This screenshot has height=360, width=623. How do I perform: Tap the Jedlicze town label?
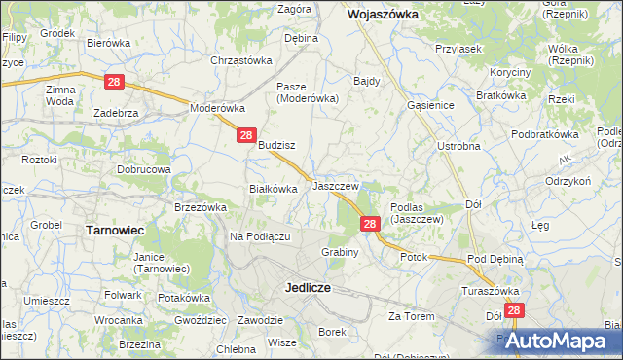[x=310, y=288]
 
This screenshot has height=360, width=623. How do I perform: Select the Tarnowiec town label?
[x=116, y=231]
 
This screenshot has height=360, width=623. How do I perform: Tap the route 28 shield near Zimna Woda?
[x=114, y=83]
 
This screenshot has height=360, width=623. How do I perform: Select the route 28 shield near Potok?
[x=370, y=224]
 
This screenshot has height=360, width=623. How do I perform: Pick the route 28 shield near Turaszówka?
[x=515, y=310]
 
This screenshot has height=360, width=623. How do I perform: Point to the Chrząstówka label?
[x=240, y=60]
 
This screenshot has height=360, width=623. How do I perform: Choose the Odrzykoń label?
[x=569, y=181]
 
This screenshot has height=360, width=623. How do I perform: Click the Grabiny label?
[x=341, y=252]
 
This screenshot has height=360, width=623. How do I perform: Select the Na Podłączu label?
[x=261, y=237]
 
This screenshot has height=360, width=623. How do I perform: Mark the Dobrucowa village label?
[x=144, y=168]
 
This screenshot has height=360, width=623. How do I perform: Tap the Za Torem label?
[x=411, y=316]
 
